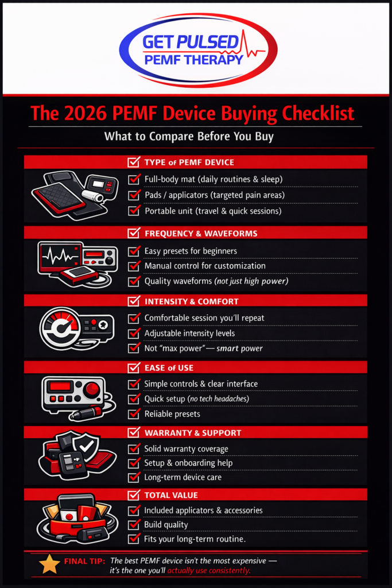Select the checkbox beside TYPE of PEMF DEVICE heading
pos(134,162)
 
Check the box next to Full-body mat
pos(134,179)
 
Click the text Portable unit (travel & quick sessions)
pos(213,211)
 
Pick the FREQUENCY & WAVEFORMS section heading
pos(200,234)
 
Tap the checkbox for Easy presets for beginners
pos(134,251)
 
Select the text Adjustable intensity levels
pos(189,333)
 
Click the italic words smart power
pos(239,348)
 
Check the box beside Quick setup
pos(134,399)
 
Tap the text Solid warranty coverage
pos(186,448)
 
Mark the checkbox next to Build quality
pos(134,524)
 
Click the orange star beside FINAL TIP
pos(49,564)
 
